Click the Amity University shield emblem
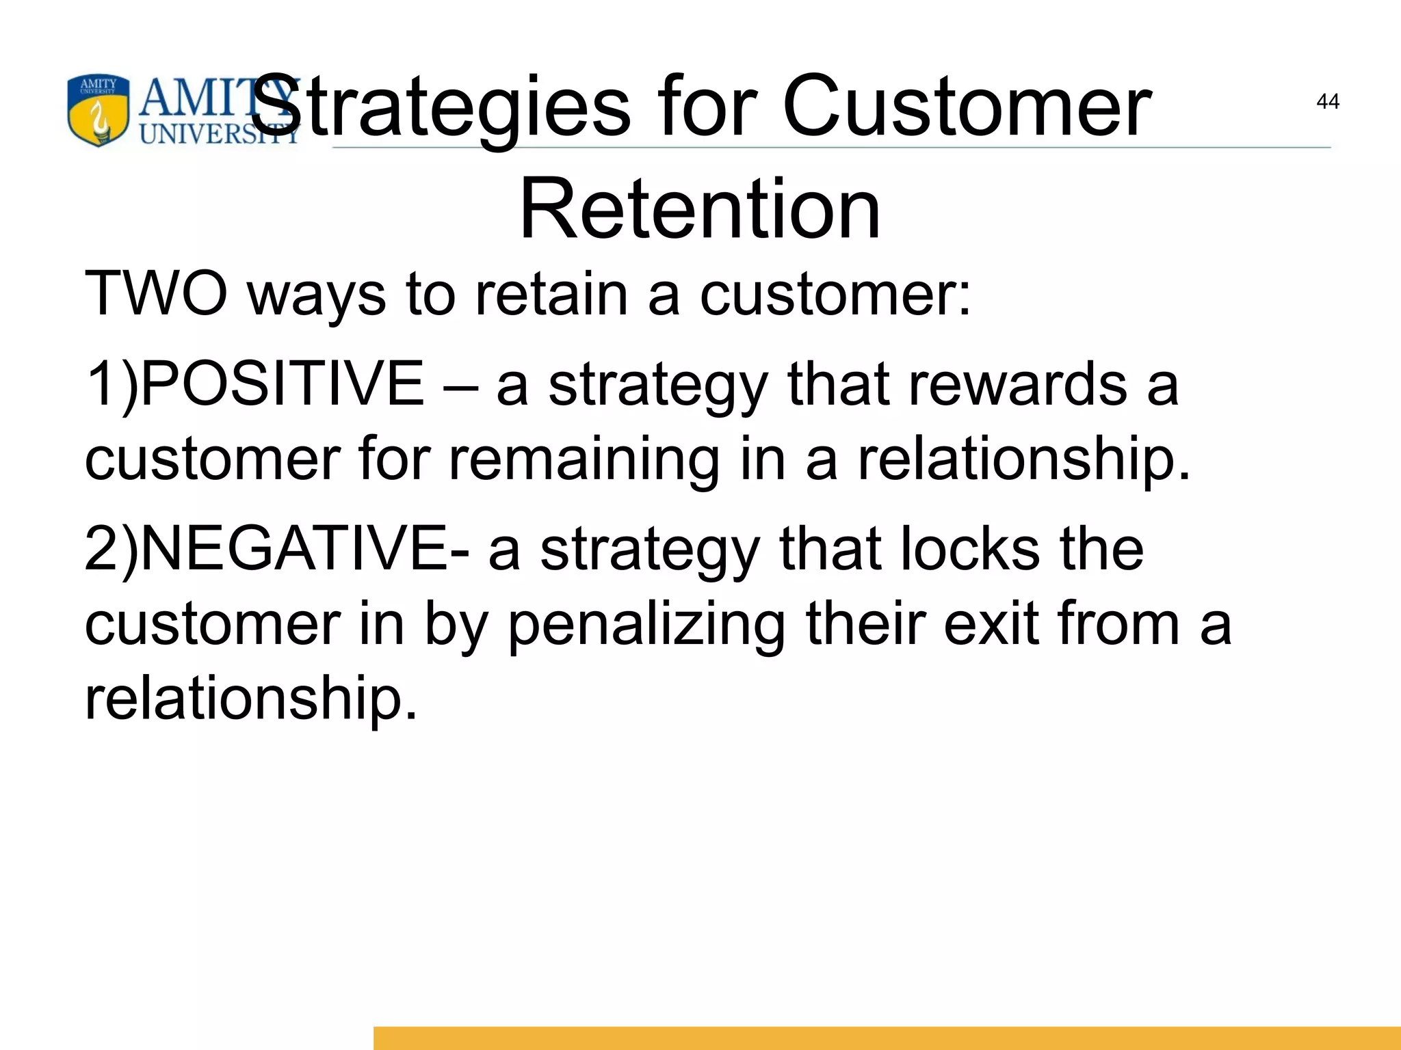coord(98,111)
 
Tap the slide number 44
coord(1327,102)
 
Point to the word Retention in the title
coord(700,209)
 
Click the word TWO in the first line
coord(156,294)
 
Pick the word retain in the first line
coord(551,294)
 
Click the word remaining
coord(584,459)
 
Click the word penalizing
coord(646,625)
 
